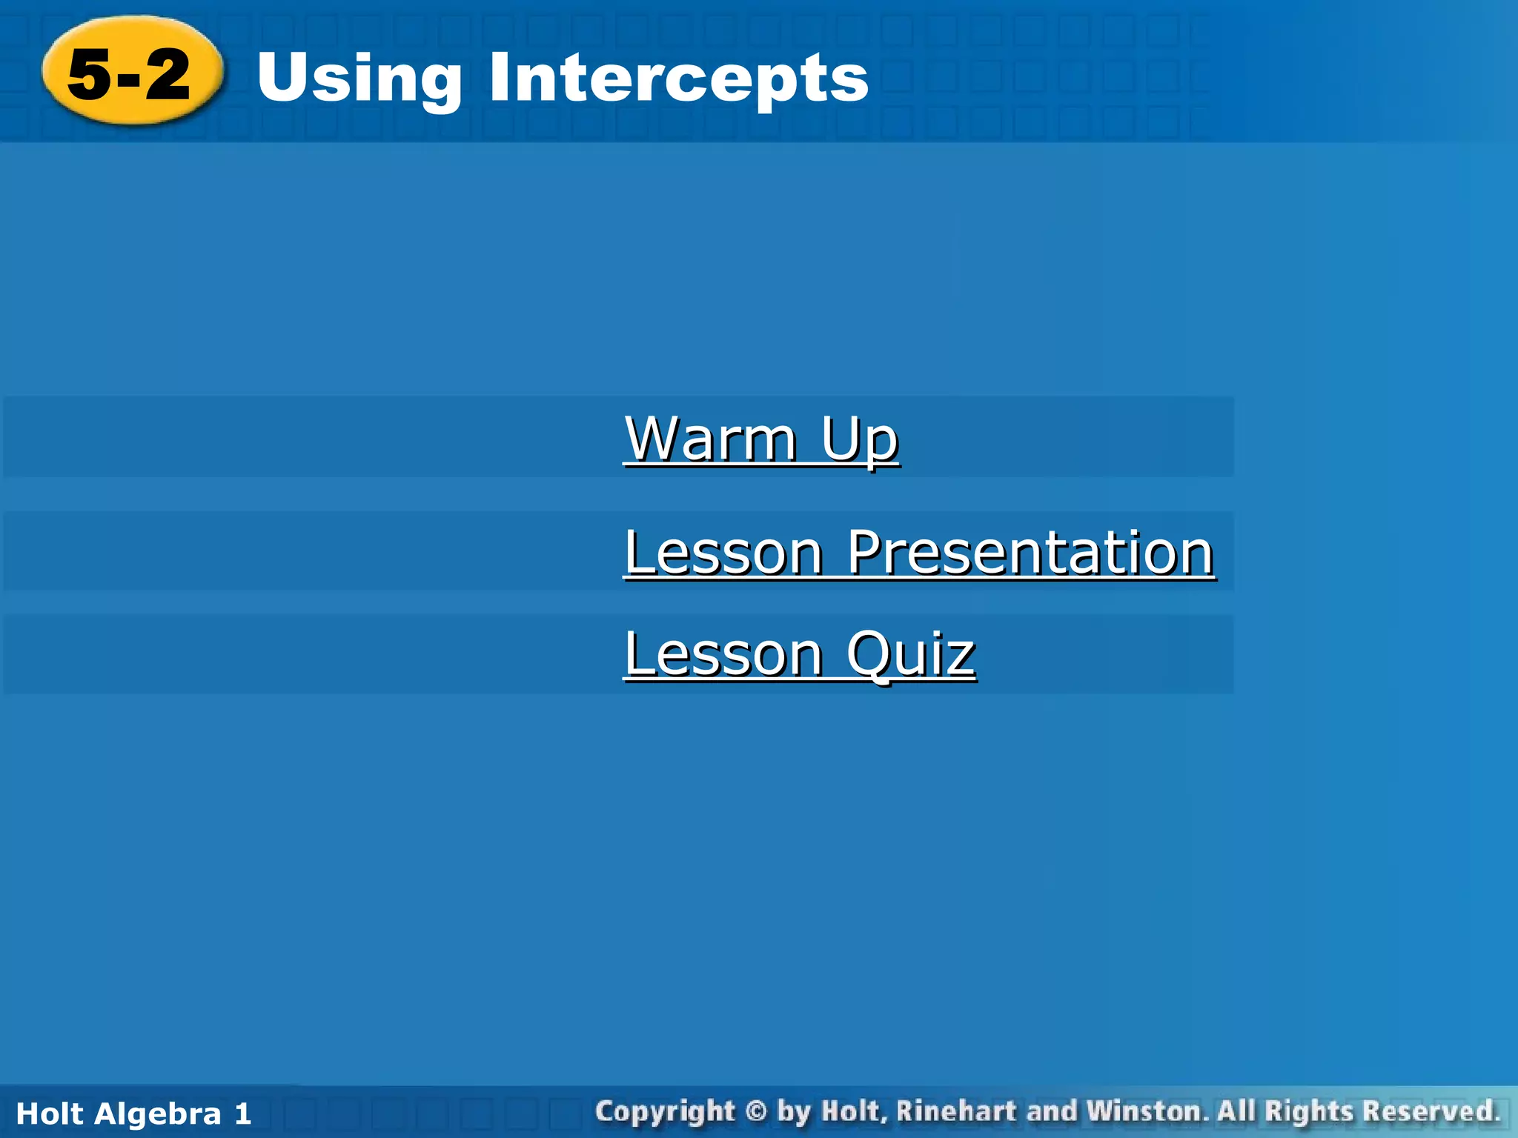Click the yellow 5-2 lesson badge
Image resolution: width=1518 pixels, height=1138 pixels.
[x=132, y=72]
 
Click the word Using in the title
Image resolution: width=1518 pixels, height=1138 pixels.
[x=359, y=79]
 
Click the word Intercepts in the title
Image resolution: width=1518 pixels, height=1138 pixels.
[x=677, y=79]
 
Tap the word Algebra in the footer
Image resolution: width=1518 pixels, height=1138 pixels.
[x=158, y=1114]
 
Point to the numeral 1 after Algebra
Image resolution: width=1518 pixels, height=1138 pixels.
[x=242, y=1114]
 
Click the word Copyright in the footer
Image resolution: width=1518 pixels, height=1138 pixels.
[x=665, y=1112]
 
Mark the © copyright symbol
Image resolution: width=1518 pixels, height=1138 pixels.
[x=755, y=1112]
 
